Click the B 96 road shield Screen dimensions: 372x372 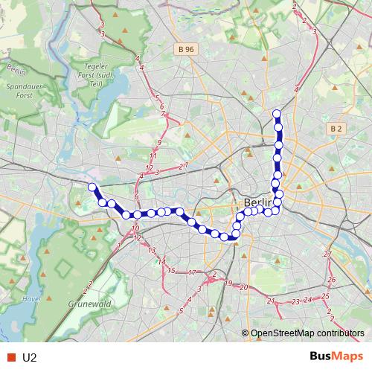(x=187, y=49)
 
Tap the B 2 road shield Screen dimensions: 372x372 (x=336, y=129)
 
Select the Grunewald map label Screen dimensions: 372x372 (x=89, y=304)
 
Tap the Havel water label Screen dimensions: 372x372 (x=31, y=299)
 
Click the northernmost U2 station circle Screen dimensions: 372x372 (x=277, y=114)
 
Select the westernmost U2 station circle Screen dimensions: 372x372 (x=92, y=187)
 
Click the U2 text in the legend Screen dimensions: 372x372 (x=30, y=358)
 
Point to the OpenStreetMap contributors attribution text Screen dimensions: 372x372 (x=307, y=333)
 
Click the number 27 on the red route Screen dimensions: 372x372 (x=328, y=254)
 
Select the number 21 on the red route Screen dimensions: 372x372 (x=272, y=301)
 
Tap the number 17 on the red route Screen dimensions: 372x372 (x=192, y=273)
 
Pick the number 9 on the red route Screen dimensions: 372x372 (x=159, y=142)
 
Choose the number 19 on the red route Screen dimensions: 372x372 (x=228, y=283)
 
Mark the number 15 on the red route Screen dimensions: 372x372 (x=171, y=270)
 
